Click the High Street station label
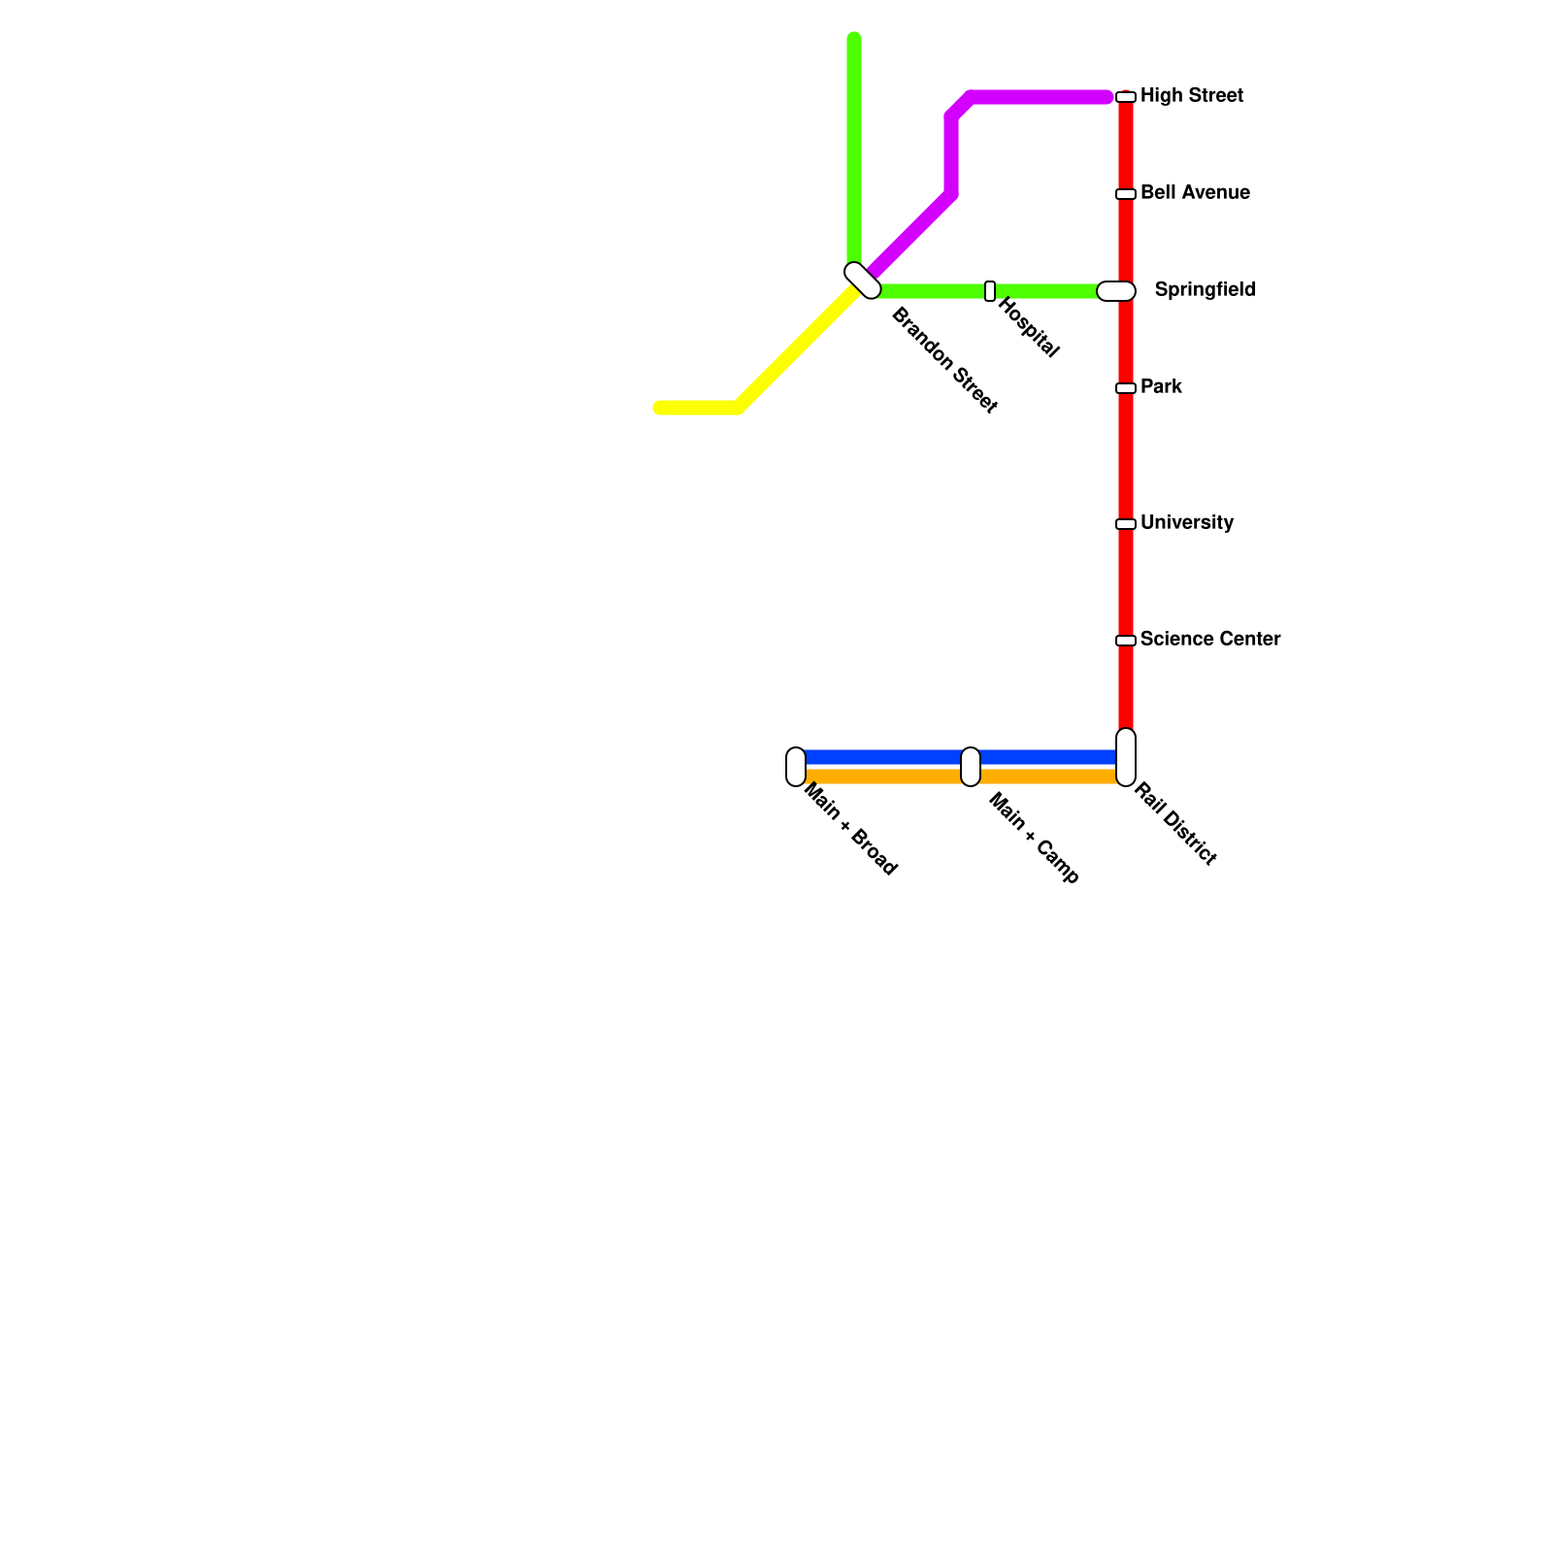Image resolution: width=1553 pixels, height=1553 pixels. click(1191, 95)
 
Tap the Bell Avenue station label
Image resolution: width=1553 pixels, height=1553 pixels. click(1194, 192)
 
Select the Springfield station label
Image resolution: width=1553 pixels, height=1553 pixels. click(1205, 289)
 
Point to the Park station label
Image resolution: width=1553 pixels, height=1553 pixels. click(1161, 386)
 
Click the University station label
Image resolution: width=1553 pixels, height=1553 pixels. click(1186, 522)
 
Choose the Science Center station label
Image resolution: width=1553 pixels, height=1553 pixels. click(1209, 639)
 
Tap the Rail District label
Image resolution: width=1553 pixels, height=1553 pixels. click(1174, 823)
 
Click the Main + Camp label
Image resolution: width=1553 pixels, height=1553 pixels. click(1033, 839)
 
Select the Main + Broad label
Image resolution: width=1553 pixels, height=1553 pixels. click(850, 831)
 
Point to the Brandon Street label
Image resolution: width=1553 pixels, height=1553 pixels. click(943, 359)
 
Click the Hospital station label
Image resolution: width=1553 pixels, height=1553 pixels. click(1028, 327)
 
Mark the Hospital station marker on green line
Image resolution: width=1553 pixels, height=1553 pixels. click(990, 291)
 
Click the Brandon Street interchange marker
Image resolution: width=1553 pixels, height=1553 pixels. click(862, 281)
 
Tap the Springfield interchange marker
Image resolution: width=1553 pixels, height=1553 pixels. click(1116, 291)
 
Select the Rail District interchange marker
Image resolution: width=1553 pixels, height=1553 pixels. click(1126, 757)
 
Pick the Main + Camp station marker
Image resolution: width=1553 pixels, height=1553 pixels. click(971, 767)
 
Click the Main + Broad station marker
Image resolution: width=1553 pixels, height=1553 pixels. click(796, 767)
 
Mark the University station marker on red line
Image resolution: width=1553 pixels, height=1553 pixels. click(1126, 524)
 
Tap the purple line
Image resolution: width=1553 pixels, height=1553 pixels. click(1029, 97)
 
